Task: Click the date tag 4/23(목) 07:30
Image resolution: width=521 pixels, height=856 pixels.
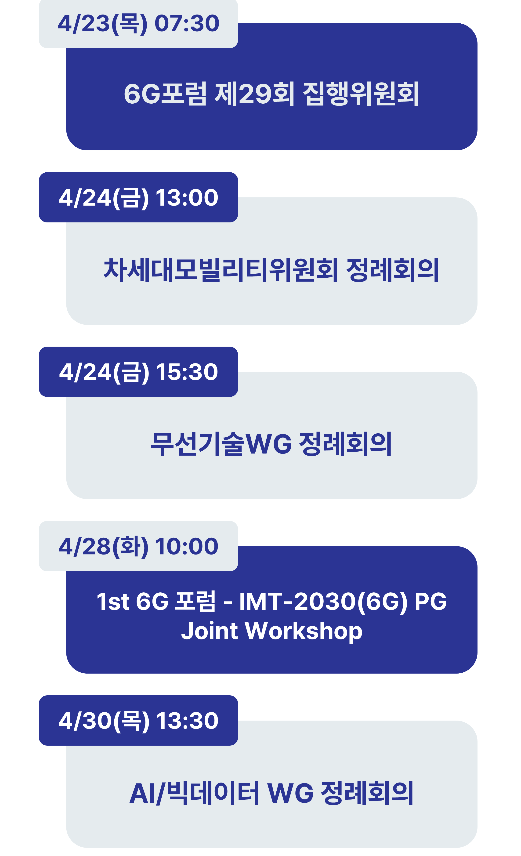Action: click(138, 24)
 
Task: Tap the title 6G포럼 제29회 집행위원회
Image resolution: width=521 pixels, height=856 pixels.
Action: click(271, 94)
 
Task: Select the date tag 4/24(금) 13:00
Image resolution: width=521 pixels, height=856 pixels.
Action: click(138, 197)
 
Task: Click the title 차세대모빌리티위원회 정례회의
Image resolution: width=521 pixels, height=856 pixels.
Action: click(271, 270)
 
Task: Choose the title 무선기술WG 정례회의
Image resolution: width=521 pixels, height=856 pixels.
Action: click(271, 444)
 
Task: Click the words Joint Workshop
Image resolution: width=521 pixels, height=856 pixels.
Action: click(272, 631)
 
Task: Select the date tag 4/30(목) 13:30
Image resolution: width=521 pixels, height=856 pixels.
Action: click(138, 721)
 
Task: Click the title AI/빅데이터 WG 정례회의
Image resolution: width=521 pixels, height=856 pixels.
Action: click(271, 793)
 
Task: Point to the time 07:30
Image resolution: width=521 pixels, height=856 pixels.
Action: click(187, 24)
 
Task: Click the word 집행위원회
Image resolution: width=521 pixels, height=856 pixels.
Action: click(361, 94)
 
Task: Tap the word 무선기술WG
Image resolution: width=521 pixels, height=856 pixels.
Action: click(221, 444)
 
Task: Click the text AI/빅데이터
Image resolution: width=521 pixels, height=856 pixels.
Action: click(194, 793)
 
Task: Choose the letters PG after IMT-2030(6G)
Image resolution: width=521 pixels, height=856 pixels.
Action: click(431, 601)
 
